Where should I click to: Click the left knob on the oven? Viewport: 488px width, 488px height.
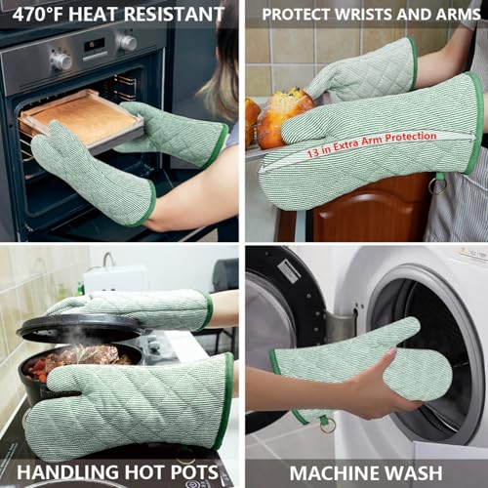tap(61, 61)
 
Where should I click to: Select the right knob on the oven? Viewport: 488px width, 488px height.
tap(127, 43)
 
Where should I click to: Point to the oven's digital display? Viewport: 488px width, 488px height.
tap(93, 47)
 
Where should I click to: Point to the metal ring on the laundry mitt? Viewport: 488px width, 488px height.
tap(327, 424)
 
